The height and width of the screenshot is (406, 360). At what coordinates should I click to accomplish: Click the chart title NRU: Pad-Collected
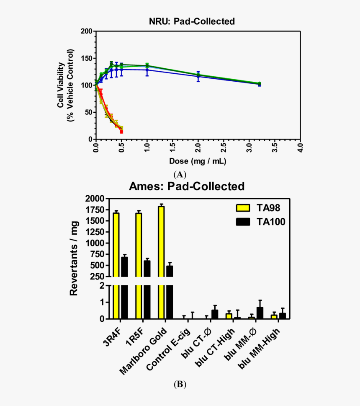click(x=192, y=21)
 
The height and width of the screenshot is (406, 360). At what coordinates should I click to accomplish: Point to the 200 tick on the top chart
click(x=87, y=31)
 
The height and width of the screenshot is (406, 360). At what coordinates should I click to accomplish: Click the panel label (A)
click(x=180, y=175)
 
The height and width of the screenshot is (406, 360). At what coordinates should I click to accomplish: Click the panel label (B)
click(x=180, y=384)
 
